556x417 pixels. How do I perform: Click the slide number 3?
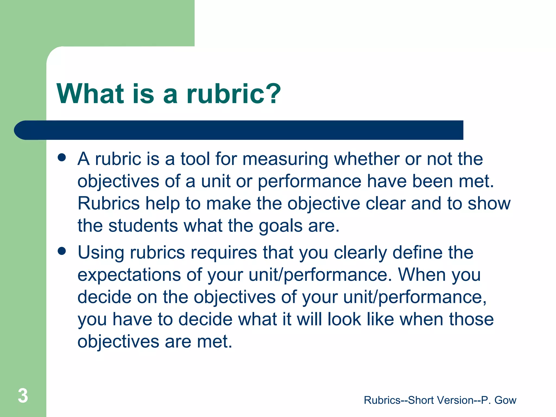pyautogui.click(x=23, y=396)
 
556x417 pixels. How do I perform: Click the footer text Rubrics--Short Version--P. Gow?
pyautogui.click(x=440, y=400)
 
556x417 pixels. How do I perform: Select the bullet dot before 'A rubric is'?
pyautogui.click(x=62, y=157)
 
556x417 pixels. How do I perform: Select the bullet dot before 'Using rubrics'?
pyautogui.click(x=62, y=251)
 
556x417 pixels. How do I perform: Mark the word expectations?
pyautogui.click(x=129, y=275)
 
